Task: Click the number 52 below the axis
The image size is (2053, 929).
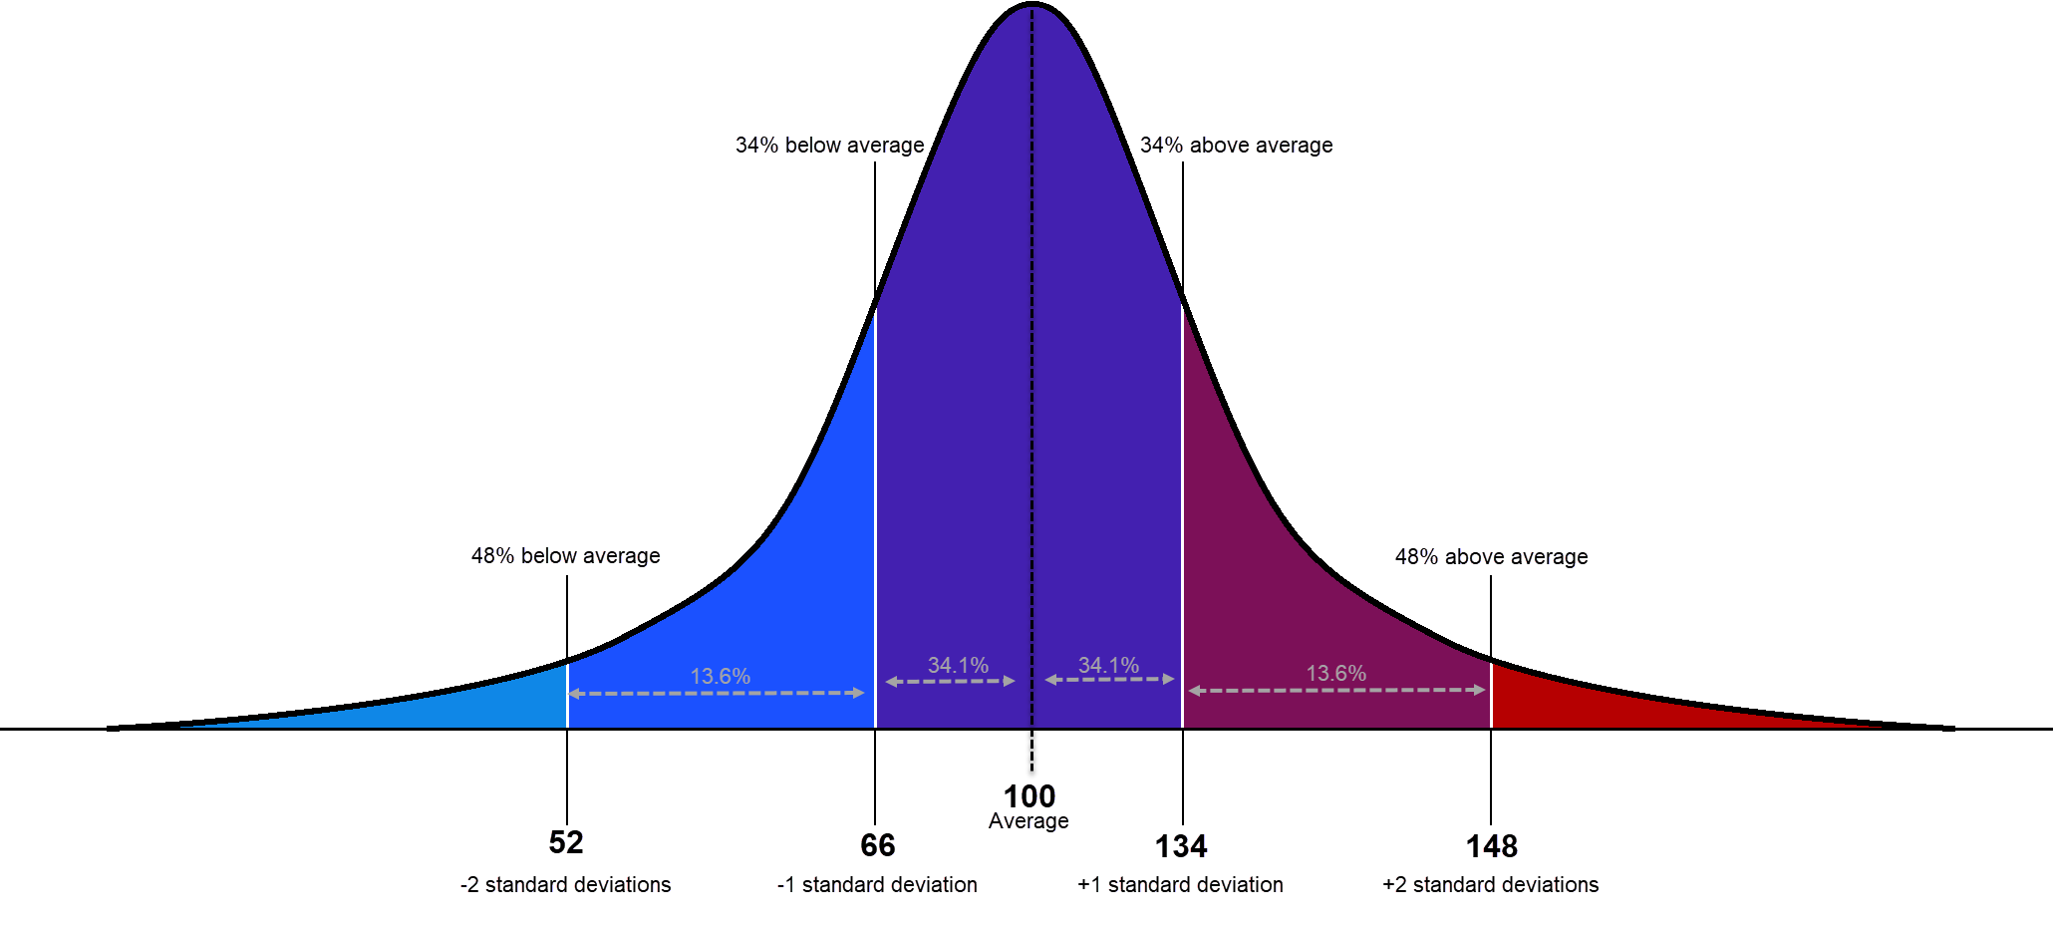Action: [566, 842]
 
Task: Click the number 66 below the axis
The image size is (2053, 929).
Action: [877, 845]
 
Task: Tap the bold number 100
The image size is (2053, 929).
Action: [1029, 796]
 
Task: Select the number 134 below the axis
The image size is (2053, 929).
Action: [1181, 846]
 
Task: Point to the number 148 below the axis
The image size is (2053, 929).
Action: [1491, 846]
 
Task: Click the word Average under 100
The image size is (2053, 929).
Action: [1028, 821]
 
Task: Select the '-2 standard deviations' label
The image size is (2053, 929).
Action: [565, 885]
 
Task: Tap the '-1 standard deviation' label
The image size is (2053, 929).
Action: [877, 885]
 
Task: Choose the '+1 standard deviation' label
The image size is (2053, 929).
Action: [1180, 885]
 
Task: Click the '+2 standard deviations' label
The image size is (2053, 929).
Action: [1490, 885]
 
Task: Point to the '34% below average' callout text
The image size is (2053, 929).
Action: [829, 146]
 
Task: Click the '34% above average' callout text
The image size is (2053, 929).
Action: [1236, 146]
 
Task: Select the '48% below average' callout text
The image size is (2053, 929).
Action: [565, 556]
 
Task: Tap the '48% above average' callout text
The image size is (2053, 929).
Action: [1491, 557]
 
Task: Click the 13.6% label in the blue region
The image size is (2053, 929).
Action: [720, 677]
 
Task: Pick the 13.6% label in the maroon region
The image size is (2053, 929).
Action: [1335, 674]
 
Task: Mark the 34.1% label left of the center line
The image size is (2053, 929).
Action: [958, 666]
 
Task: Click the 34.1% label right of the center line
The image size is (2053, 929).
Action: [1108, 666]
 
